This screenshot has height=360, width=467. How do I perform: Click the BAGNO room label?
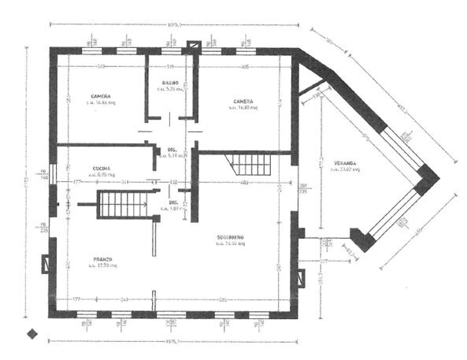[171, 83]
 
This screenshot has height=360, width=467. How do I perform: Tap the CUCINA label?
[100, 166]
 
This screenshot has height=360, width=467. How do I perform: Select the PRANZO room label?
[101, 259]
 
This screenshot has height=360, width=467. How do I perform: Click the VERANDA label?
[344, 162]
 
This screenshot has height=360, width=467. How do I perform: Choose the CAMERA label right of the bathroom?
[243, 101]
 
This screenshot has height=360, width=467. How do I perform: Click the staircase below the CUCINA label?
[123, 206]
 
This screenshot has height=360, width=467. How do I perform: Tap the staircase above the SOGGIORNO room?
[250, 165]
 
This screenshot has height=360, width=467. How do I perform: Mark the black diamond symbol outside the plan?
[32, 333]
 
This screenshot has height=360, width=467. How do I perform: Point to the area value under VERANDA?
[344, 169]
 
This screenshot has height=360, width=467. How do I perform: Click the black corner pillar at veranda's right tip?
[428, 180]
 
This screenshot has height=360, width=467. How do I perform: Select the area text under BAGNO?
[171, 90]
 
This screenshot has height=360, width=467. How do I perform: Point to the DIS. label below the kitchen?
[173, 203]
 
